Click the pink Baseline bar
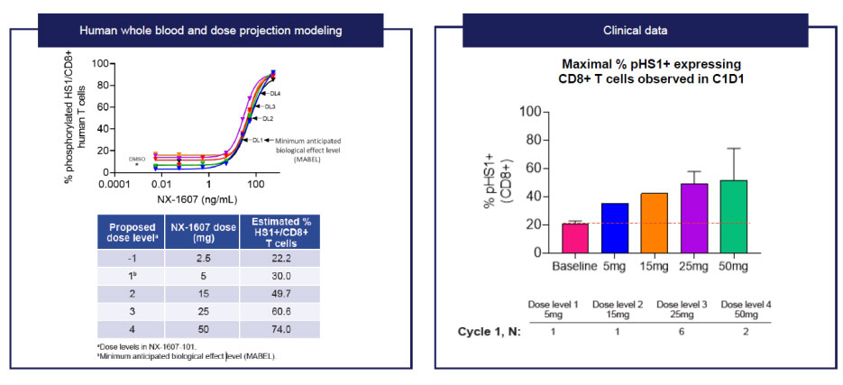pos(575,238)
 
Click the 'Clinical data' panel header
pos(636,31)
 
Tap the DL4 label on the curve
pos(274,94)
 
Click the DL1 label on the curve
pos(257,140)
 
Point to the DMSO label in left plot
pos(137,158)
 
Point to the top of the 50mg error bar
pos(735,149)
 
